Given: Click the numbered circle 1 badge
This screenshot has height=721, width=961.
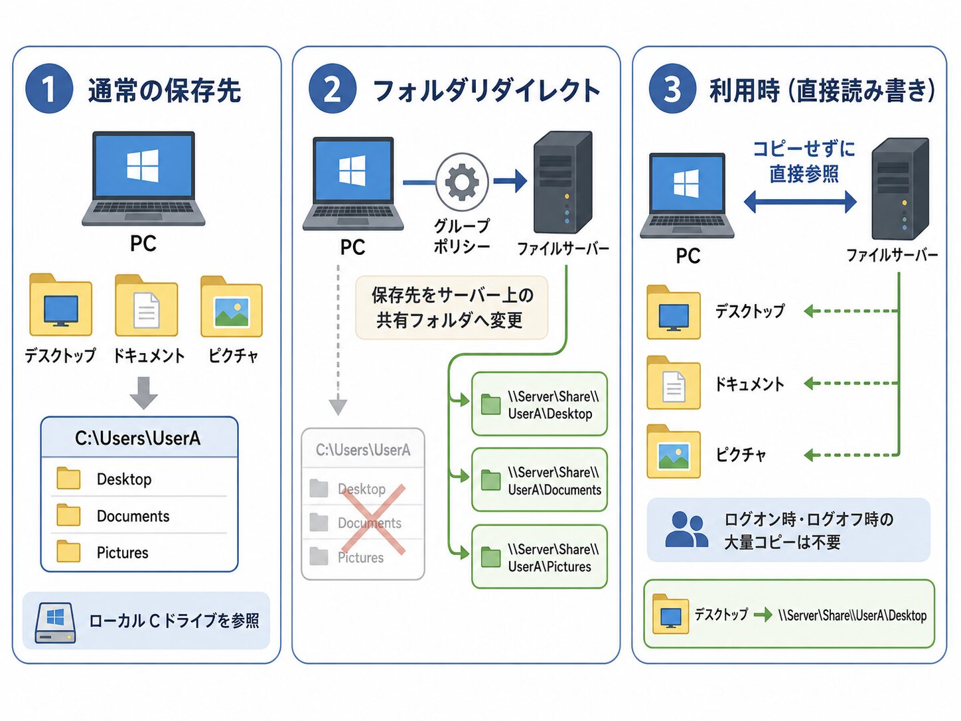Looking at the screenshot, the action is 48,89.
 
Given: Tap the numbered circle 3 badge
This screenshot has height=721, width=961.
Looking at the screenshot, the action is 672,89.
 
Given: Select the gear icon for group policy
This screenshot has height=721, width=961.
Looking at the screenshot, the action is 462,181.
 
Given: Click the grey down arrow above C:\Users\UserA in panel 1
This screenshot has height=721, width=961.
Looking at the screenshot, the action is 144,392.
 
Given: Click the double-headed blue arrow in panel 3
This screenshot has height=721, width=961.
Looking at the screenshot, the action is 800,202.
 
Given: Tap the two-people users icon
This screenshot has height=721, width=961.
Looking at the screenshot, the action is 686,530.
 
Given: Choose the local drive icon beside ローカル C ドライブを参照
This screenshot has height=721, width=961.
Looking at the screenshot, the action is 55,623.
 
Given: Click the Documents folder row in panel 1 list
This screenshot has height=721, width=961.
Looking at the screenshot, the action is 139,516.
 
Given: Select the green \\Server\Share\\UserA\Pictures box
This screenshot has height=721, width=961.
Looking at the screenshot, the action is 540,557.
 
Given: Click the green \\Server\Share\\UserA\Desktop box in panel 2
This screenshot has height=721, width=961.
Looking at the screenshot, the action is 540,404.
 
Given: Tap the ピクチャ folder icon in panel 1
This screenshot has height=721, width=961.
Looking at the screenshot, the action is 232,307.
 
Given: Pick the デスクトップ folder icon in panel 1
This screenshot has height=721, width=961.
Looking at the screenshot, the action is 60,305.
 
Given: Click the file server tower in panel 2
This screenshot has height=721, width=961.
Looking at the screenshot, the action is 563,183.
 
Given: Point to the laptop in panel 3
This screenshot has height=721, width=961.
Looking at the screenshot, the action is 686,196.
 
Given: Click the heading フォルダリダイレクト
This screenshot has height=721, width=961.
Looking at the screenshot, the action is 486,90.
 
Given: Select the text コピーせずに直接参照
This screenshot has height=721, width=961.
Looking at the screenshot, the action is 804,161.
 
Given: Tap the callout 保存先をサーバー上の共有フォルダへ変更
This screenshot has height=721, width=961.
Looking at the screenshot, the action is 452,308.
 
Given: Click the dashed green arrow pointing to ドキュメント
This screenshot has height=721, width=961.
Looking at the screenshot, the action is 851,384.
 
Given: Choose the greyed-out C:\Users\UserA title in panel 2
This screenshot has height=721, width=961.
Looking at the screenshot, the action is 363,450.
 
